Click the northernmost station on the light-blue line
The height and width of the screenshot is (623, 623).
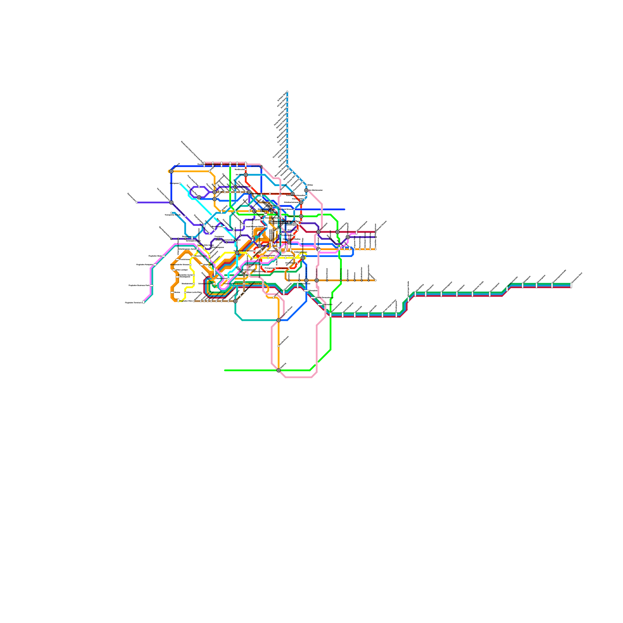(x=287, y=92)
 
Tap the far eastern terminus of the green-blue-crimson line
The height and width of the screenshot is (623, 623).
(x=571, y=286)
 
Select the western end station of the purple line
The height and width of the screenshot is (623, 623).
(x=137, y=202)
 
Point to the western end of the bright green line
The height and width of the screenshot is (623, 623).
(x=225, y=370)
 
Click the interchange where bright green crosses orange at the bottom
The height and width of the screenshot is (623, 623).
(x=278, y=370)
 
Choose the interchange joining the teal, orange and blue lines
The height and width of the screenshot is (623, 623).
(x=278, y=320)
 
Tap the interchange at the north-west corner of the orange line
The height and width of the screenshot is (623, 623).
(x=171, y=171)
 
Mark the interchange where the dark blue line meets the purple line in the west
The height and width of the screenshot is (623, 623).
(x=171, y=202)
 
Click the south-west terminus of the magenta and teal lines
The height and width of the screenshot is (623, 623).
(x=144, y=302)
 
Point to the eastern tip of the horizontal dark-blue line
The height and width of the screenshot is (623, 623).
(x=345, y=209)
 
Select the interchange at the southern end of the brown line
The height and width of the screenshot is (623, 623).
(x=235, y=301)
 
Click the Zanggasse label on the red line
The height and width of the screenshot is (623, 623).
(x=283, y=268)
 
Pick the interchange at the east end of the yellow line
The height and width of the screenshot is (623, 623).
(x=303, y=258)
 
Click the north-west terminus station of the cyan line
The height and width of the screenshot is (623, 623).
(x=180, y=183)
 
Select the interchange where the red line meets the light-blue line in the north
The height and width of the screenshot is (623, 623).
(x=246, y=175)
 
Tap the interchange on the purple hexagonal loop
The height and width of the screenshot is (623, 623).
(x=199, y=197)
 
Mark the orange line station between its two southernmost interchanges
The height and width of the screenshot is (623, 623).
(x=278, y=345)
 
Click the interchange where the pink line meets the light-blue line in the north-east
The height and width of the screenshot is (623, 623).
(x=306, y=190)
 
